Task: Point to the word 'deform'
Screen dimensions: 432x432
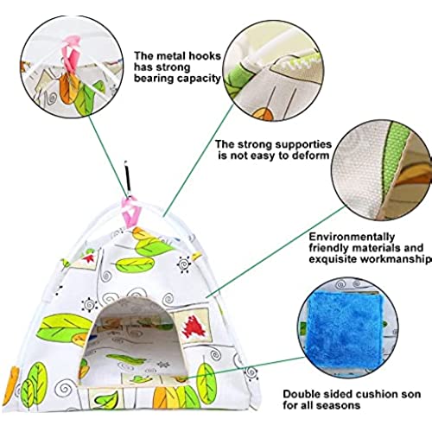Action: (311, 156)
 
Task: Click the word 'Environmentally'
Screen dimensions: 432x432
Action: (352, 237)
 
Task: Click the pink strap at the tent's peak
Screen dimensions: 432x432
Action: (131, 212)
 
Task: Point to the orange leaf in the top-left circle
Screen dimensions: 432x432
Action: (67, 89)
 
